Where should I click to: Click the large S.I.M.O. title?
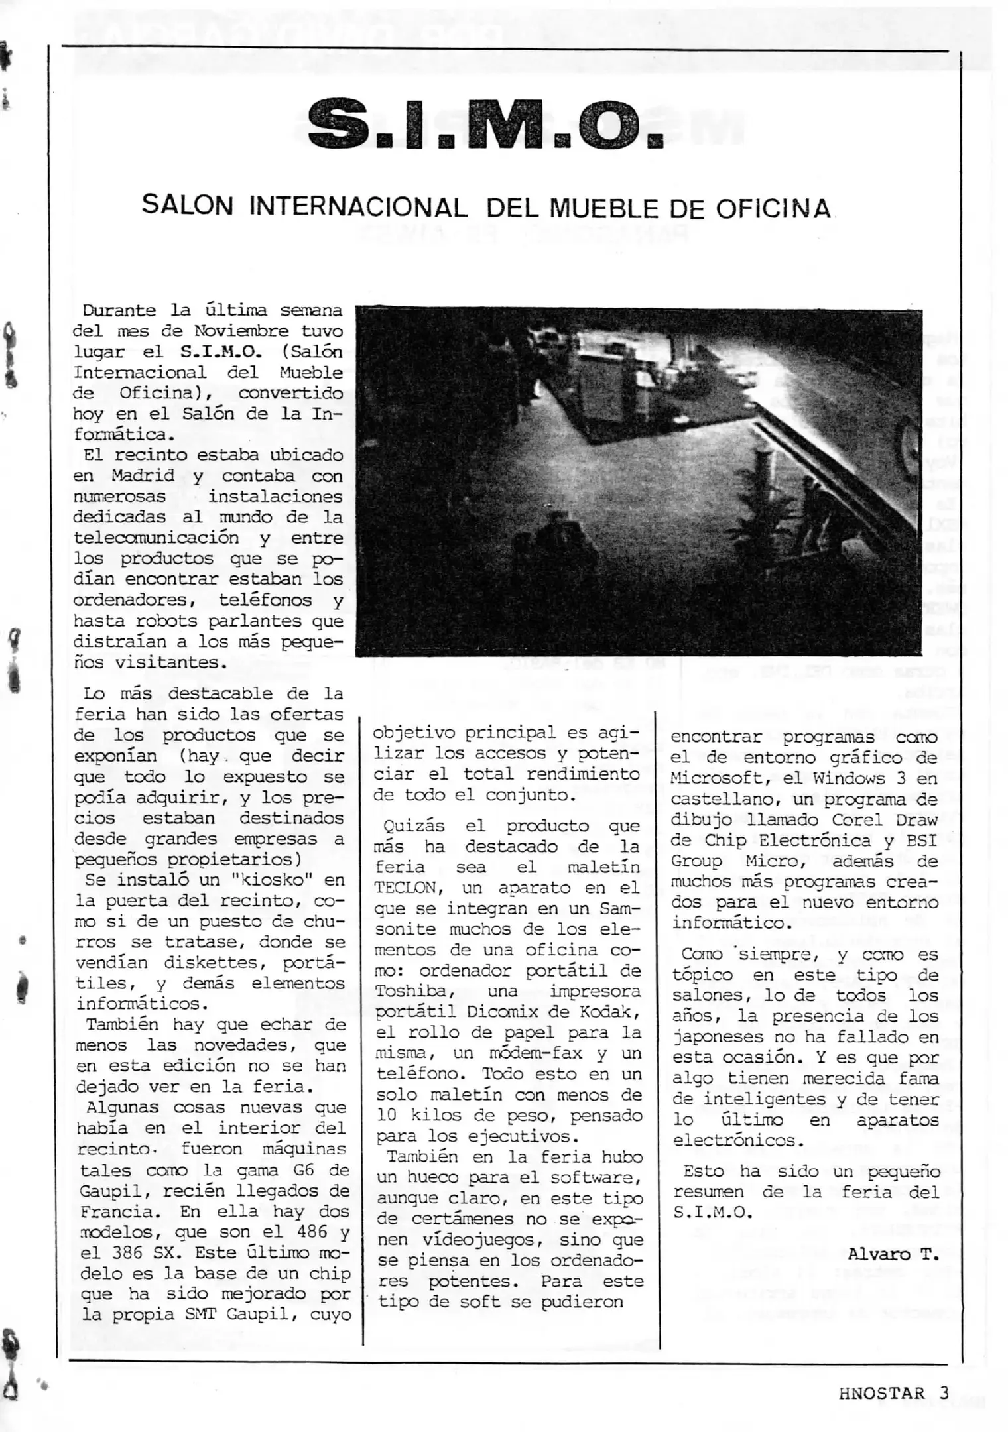click(x=486, y=123)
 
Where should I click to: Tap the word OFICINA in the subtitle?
click(x=773, y=209)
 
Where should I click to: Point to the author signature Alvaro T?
click(x=893, y=1254)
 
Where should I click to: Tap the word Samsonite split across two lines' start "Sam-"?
click(x=619, y=908)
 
